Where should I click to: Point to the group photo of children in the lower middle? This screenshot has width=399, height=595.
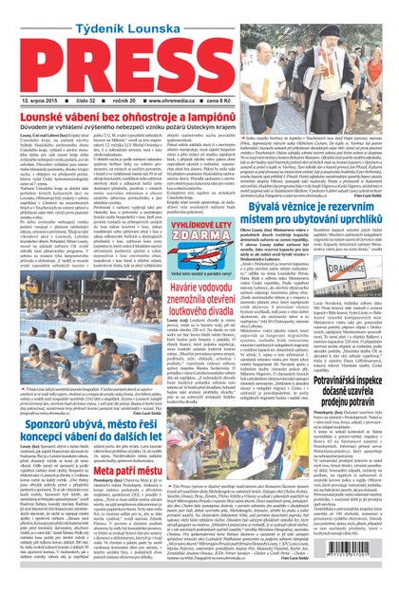pos(237,446)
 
